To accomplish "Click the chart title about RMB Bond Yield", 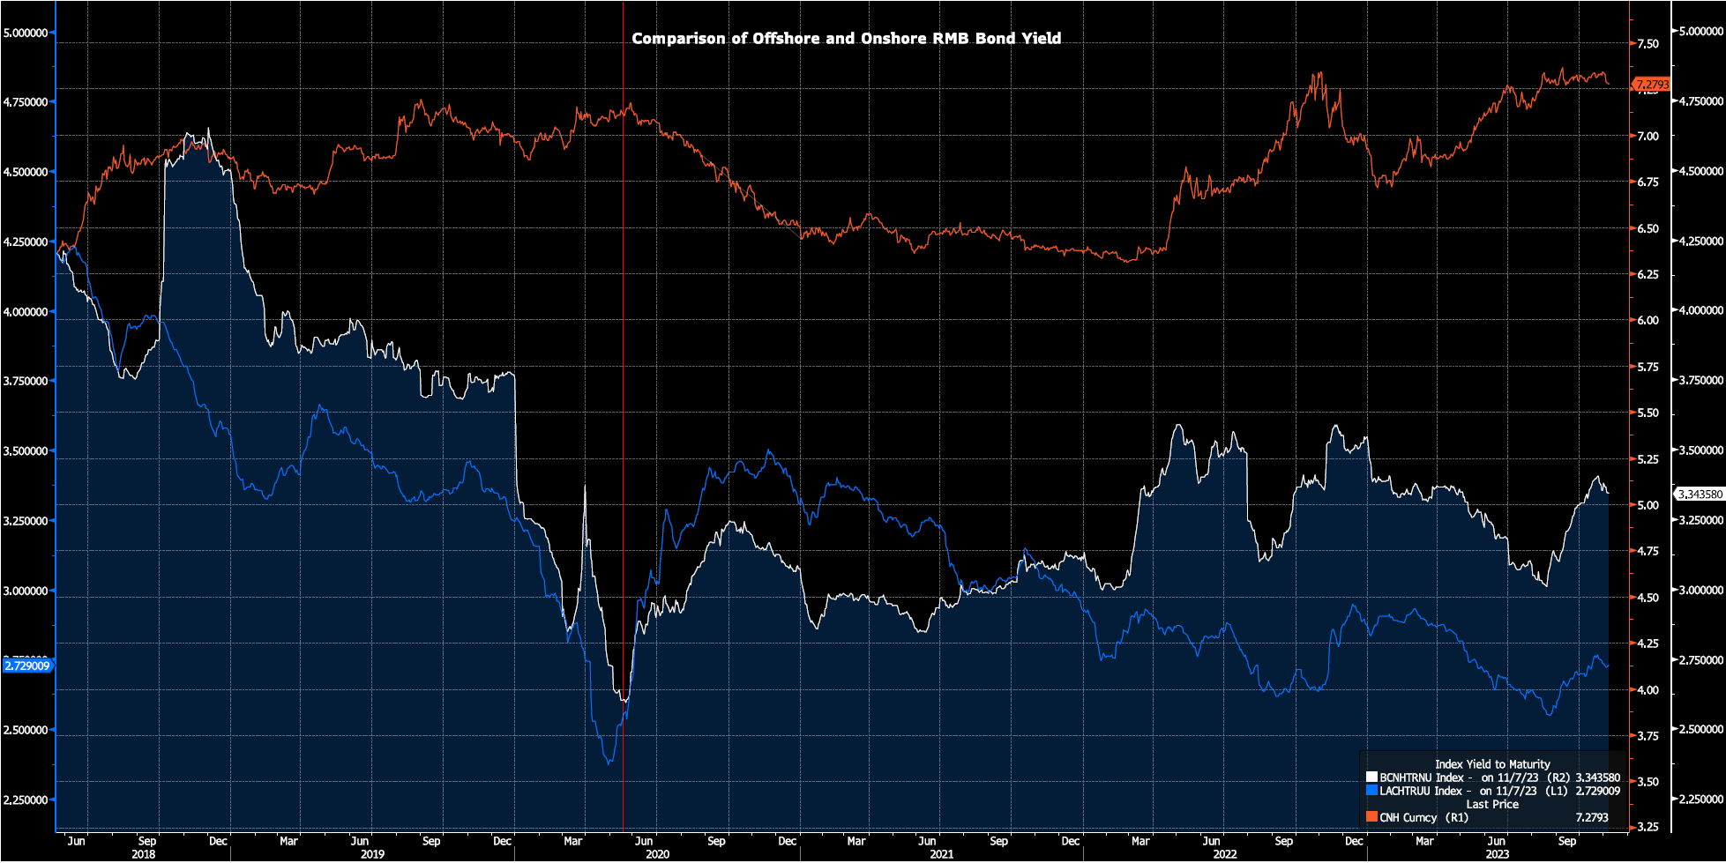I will click(x=846, y=39).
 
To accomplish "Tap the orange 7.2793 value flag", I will click(x=1651, y=85).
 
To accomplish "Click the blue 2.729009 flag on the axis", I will click(x=27, y=666).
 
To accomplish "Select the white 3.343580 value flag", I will click(x=1699, y=495).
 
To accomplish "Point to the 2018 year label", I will click(x=144, y=854).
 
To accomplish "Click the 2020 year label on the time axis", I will click(x=657, y=854).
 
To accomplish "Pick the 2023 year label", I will click(x=1498, y=854).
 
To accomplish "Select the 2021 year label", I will click(x=941, y=854).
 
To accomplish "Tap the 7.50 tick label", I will click(x=1648, y=44).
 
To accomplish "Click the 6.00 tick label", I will click(x=1648, y=321).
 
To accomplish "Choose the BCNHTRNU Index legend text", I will click(x=1422, y=777).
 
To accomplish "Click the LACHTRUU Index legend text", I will click(x=1422, y=791).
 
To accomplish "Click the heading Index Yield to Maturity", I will click(x=1492, y=764).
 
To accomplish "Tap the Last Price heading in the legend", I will click(x=1492, y=804).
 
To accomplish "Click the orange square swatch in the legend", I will click(x=1371, y=817).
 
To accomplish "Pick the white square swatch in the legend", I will click(x=1371, y=777).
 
